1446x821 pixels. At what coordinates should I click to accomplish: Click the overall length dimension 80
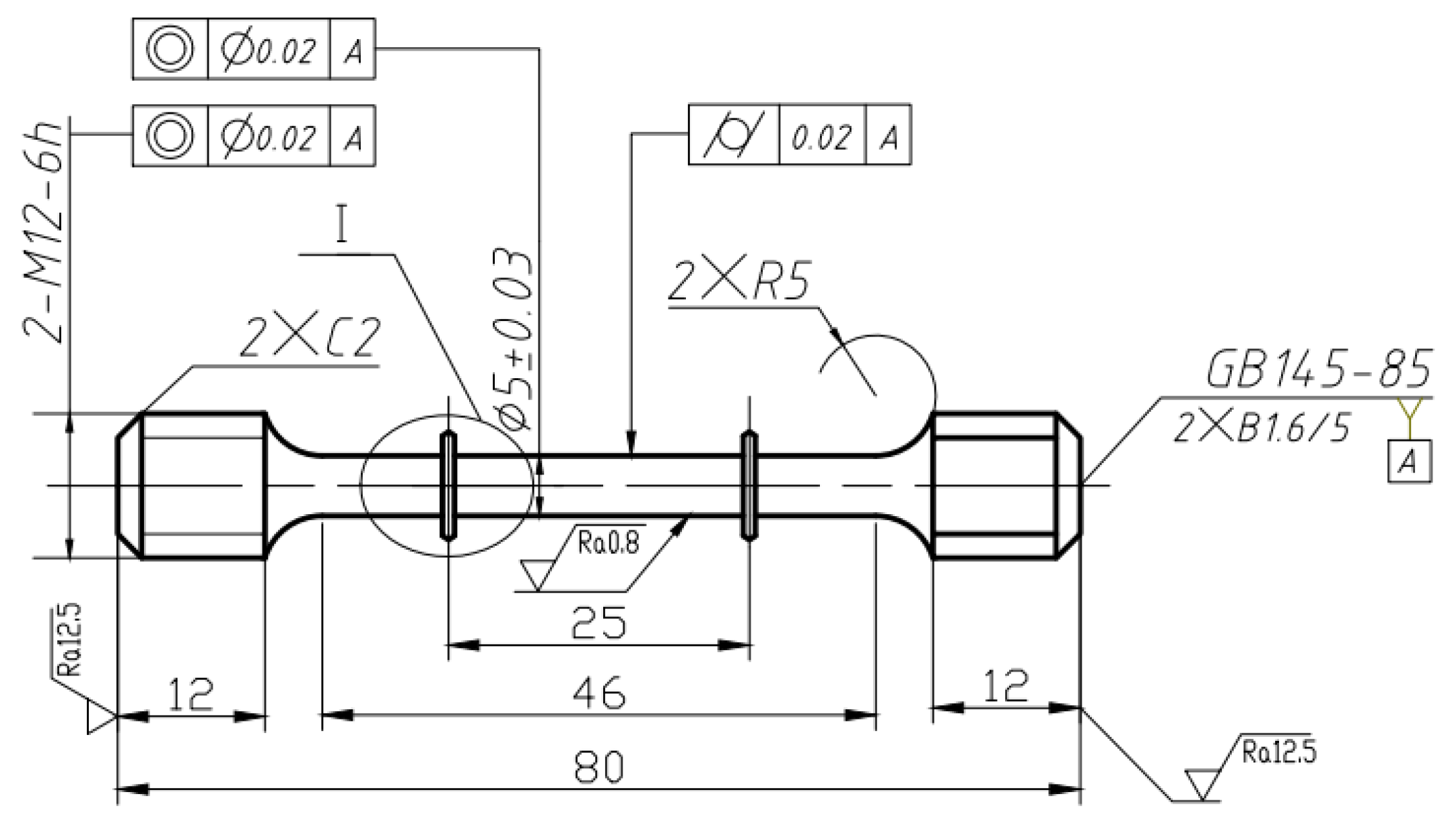598,767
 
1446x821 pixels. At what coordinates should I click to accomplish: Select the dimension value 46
598,693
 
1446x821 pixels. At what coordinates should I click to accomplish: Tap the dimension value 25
598,622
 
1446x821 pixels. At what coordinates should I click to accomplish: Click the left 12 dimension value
191,694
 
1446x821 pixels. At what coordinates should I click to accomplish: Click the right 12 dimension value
1006,686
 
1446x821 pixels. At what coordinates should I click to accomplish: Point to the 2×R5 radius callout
739,279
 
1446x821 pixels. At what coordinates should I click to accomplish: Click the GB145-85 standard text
1318,370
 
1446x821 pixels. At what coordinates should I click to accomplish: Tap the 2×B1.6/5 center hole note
1262,427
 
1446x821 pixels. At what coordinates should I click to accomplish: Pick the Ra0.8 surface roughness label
608,542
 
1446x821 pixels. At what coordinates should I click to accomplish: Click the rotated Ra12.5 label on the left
69,639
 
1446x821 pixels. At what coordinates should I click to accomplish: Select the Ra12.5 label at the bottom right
1278,751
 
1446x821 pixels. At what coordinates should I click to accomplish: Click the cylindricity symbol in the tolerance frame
733,135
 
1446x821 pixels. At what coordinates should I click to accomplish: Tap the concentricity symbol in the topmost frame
170,49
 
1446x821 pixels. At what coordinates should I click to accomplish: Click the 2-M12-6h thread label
44,232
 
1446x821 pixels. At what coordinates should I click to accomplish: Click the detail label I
342,226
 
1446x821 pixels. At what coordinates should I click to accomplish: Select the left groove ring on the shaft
448,485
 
